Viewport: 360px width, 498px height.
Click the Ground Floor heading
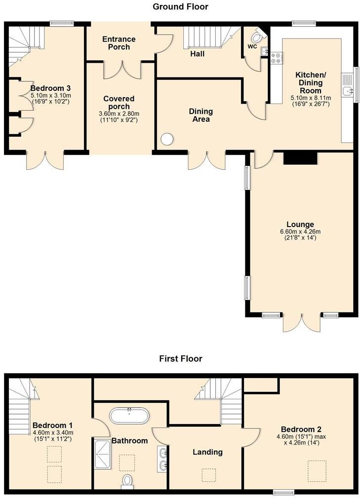[x=180, y=7]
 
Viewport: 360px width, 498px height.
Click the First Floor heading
[x=180, y=359]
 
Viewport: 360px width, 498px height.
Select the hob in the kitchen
[x=276, y=58]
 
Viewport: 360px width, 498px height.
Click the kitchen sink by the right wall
[x=349, y=90]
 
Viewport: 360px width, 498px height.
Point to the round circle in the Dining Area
[x=167, y=140]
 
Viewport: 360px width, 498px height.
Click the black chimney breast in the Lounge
[x=300, y=158]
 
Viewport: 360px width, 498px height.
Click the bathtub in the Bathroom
[x=129, y=416]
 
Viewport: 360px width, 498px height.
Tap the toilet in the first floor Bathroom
[x=127, y=481]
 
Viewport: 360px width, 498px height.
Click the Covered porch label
[x=119, y=103]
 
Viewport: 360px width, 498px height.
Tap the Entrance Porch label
[x=119, y=43]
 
